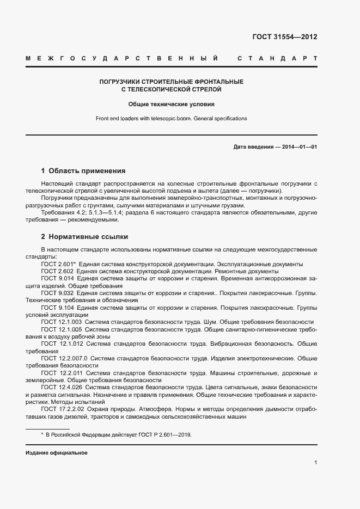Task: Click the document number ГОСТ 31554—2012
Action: click(x=284, y=37)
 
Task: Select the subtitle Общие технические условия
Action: click(x=171, y=103)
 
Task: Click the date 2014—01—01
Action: click(x=298, y=147)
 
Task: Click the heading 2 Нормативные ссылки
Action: click(x=84, y=237)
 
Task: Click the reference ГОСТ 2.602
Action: click(x=57, y=271)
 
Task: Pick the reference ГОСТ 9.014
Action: click(x=57, y=279)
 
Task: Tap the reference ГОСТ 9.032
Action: click(x=57, y=293)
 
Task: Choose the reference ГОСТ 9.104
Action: click(x=57, y=308)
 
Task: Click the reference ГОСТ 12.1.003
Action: click(x=62, y=322)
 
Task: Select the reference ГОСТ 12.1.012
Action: click(x=62, y=344)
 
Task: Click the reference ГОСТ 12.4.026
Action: click(x=62, y=388)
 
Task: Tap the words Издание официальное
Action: click(x=56, y=453)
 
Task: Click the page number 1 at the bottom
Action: click(x=316, y=463)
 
